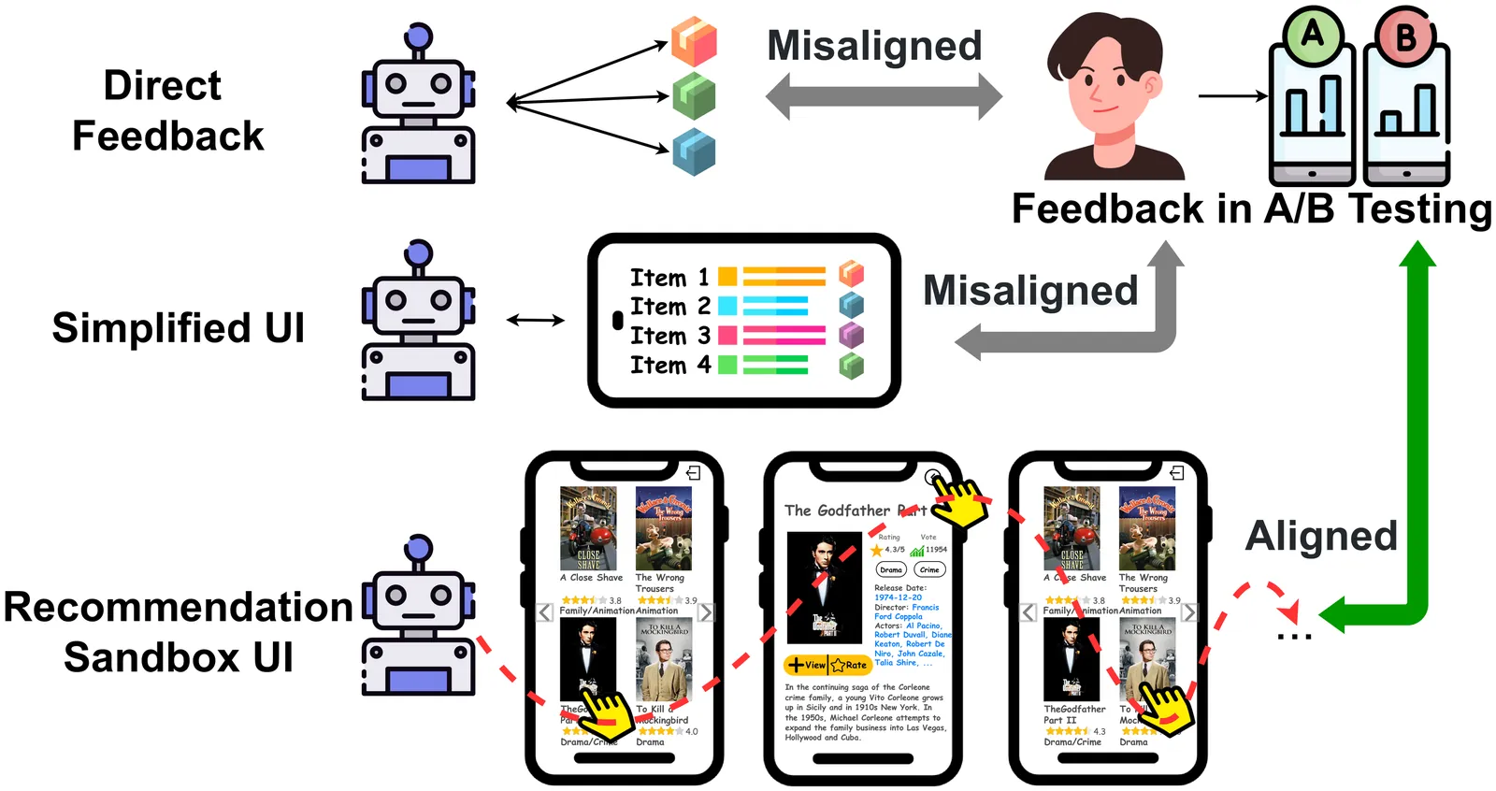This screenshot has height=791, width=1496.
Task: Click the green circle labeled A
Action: pos(1313,35)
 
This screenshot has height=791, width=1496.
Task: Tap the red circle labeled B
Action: pos(1405,37)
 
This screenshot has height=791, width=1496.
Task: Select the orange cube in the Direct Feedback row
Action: pos(694,41)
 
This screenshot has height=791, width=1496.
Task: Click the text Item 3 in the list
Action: pos(669,336)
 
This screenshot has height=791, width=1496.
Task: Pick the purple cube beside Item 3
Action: pos(851,335)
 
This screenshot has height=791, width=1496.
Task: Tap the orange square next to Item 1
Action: pos(727,277)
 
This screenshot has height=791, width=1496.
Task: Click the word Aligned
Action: pos(1321,537)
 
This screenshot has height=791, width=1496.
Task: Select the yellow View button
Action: pos(806,665)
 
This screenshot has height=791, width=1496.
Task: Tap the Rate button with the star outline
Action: pos(850,665)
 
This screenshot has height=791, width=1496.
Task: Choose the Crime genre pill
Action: pos(929,569)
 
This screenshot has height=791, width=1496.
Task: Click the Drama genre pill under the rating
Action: pos(891,569)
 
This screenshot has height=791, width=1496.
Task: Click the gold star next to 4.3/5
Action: pos(877,550)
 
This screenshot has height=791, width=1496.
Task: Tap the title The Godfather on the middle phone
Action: pos(837,511)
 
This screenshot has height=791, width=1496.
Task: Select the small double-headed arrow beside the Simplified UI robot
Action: pos(536,321)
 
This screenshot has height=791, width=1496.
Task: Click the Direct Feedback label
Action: pos(166,110)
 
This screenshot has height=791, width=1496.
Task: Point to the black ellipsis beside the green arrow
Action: pos(1295,637)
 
